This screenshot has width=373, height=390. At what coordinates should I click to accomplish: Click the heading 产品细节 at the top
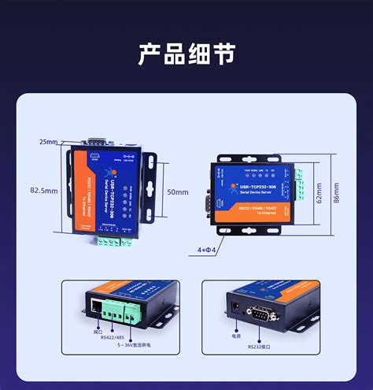click(x=186, y=54)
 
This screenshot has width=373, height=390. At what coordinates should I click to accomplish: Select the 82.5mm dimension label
click(x=44, y=191)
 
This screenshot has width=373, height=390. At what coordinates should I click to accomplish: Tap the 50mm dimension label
click(x=178, y=191)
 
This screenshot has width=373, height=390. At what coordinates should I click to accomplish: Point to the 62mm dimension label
click(x=319, y=192)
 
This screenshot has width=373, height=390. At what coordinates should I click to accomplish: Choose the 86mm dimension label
click(x=337, y=192)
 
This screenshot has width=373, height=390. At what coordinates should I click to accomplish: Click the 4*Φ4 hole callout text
click(x=206, y=250)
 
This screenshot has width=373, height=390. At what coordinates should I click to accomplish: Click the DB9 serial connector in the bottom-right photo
click(x=262, y=313)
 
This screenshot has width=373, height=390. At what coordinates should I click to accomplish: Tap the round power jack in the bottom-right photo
click(x=235, y=305)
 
